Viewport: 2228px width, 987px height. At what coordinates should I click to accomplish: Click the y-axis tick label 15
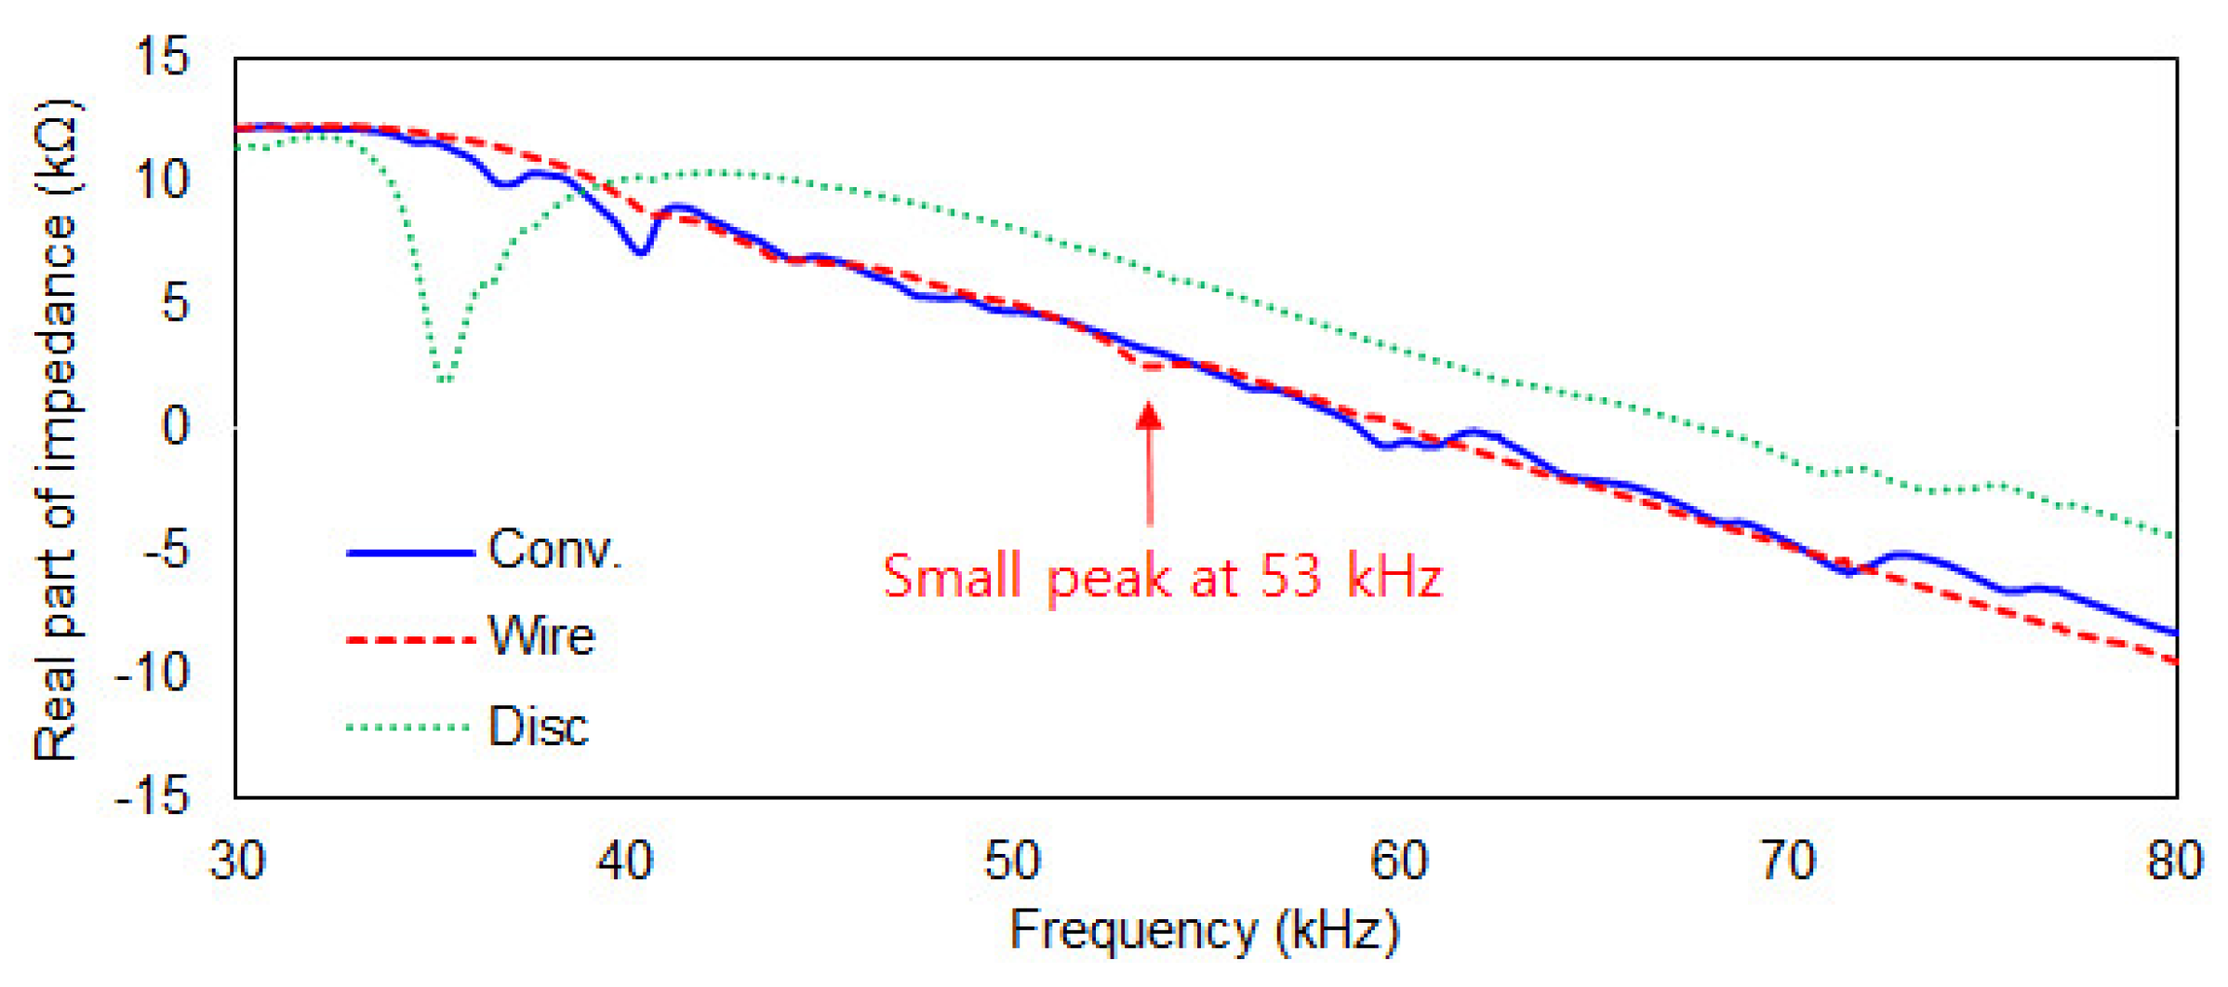click(162, 57)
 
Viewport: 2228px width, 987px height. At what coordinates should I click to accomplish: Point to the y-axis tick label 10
click(162, 180)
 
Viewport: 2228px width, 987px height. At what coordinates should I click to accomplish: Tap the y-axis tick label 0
click(176, 426)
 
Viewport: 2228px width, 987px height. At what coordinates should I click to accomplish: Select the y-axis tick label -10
click(153, 672)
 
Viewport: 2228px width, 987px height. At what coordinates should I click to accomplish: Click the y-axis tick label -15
click(153, 796)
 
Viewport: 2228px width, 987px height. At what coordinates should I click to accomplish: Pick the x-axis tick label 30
click(237, 860)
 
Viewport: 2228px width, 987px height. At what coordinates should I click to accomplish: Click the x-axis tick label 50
click(1012, 860)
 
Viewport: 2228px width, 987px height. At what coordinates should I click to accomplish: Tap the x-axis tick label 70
click(1788, 860)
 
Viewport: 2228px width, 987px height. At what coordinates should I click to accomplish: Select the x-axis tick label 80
click(2175, 860)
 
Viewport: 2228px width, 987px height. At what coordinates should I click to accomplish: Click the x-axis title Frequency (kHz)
click(1205, 930)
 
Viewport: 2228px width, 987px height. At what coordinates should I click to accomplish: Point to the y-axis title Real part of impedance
click(56, 428)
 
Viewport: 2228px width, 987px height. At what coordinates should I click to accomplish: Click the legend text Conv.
click(554, 550)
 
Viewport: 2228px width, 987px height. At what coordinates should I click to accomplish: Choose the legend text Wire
click(541, 637)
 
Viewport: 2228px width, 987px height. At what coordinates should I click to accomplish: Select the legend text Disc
click(538, 727)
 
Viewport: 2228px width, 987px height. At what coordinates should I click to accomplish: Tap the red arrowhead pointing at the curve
click(1149, 416)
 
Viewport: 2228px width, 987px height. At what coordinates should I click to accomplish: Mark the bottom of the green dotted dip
click(446, 378)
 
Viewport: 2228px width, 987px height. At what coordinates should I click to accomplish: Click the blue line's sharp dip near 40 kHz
click(641, 251)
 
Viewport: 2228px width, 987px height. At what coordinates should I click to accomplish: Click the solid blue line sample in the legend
click(410, 553)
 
